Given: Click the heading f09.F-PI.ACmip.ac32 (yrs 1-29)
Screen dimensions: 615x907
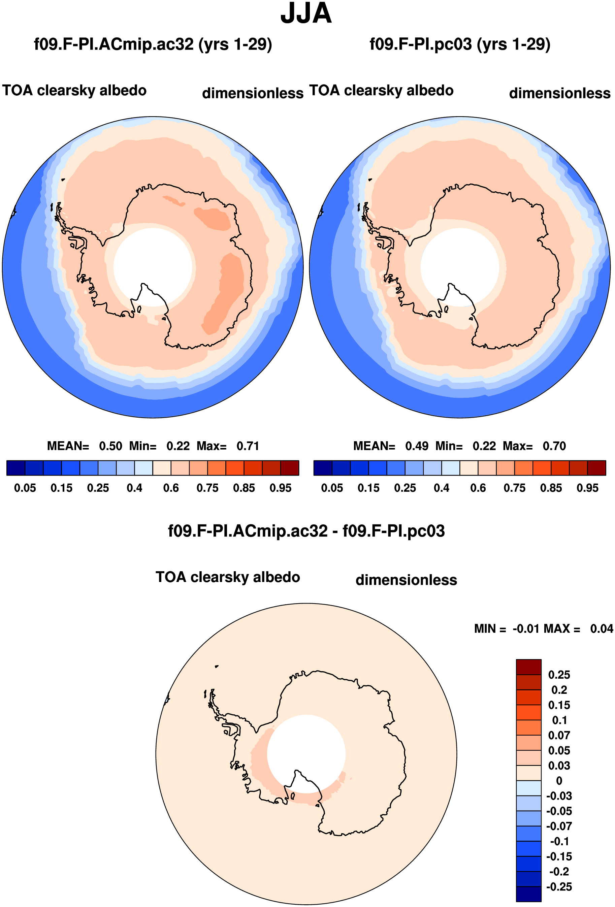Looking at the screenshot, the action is coord(153,44).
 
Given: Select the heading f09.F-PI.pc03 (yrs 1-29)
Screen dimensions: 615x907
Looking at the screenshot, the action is coord(460,44).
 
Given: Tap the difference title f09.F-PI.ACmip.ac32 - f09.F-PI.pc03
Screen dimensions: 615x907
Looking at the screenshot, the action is coord(306,531).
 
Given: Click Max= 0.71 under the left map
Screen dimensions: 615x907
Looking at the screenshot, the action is coord(228,446).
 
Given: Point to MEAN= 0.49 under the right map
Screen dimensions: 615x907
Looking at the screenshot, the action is coord(391,446).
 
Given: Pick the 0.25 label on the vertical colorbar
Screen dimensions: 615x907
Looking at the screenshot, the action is coord(559,675).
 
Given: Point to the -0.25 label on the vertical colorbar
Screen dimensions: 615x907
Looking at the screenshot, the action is coord(559,887).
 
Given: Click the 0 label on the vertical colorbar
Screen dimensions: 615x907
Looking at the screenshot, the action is coord(559,781).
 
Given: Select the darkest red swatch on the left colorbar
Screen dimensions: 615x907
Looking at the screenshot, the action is coord(290,468).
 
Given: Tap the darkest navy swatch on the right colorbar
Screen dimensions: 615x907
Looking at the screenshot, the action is coord(323,468).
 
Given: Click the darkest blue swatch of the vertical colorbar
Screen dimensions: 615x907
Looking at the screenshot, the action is coord(529,894).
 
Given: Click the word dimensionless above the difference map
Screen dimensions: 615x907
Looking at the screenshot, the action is coord(406,580).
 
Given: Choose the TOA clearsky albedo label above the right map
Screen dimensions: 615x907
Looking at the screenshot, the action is coord(381,91).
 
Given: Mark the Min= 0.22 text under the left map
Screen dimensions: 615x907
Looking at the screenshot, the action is coord(160,446).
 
